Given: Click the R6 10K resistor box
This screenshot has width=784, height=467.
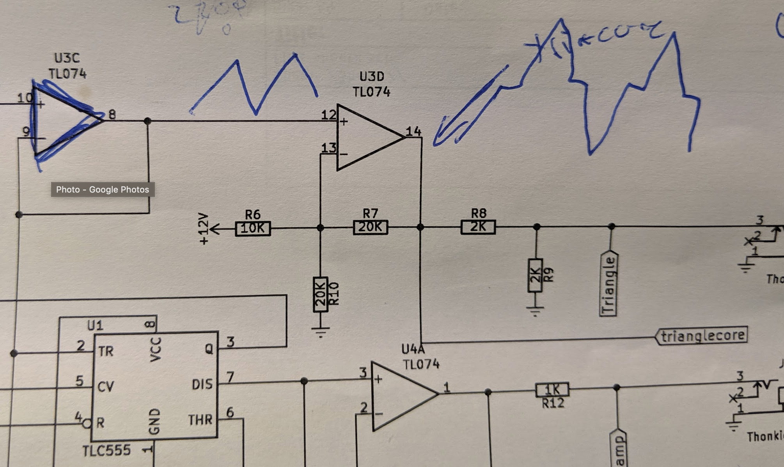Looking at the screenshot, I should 253,228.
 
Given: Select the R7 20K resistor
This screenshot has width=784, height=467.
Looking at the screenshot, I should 371,227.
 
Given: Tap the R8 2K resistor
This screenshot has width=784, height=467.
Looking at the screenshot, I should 478,226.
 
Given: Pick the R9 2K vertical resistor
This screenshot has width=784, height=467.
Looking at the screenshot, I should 535,275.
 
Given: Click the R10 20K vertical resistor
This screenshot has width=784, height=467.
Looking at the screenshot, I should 320,294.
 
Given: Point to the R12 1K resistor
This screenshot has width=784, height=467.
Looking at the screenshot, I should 552,390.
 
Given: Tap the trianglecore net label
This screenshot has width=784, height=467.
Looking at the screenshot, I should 702,336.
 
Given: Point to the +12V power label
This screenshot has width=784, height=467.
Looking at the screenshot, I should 204,229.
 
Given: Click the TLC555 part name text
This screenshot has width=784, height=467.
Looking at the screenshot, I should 106,451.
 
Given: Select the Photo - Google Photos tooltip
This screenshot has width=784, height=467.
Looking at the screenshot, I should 103,189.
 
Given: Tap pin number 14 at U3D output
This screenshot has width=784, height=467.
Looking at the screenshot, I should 413,131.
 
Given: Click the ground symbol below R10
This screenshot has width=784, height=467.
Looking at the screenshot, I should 321,332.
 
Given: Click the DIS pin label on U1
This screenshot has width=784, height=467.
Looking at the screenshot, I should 202,384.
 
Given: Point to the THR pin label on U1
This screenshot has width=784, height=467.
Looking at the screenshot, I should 200,420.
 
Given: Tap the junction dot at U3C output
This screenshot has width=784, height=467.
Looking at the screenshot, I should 147,121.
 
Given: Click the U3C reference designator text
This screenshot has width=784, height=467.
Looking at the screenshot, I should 67,58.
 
